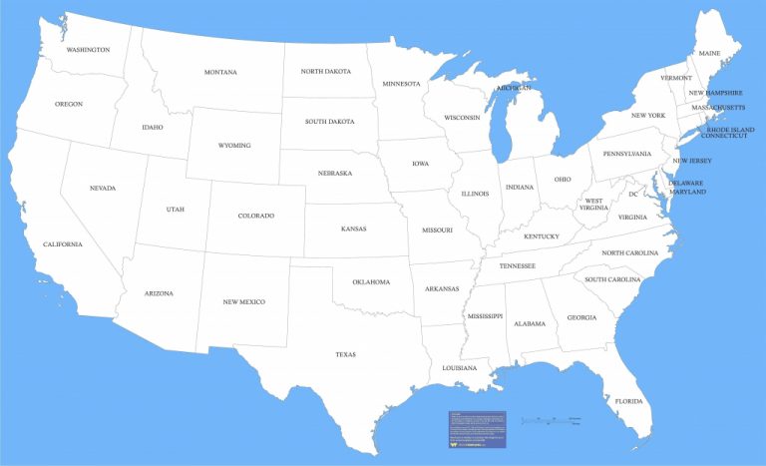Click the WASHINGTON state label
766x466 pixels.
point(88,49)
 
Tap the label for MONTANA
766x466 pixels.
point(220,72)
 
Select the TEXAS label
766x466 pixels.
point(345,354)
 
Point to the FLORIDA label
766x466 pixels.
point(628,401)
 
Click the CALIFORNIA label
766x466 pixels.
point(63,243)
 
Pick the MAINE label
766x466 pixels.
point(709,53)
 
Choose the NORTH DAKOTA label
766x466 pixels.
point(326,71)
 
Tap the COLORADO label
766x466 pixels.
point(256,216)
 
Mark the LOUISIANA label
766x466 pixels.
point(460,369)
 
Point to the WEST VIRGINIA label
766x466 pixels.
point(593,207)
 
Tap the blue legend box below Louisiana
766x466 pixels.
point(477,429)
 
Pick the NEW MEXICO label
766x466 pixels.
point(244,301)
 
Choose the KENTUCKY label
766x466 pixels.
point(542,236)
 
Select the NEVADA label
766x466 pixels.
point(103,188)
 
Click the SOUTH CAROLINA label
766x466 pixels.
point(612,279)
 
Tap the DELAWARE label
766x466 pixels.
point(686,183)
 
